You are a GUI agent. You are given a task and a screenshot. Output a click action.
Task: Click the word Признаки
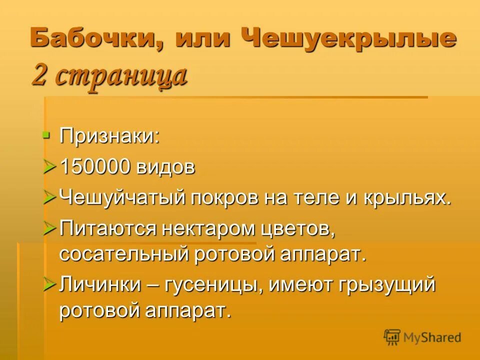click(x=109, y=136)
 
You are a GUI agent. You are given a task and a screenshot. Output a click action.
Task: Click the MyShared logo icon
click(x=392, y=337)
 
